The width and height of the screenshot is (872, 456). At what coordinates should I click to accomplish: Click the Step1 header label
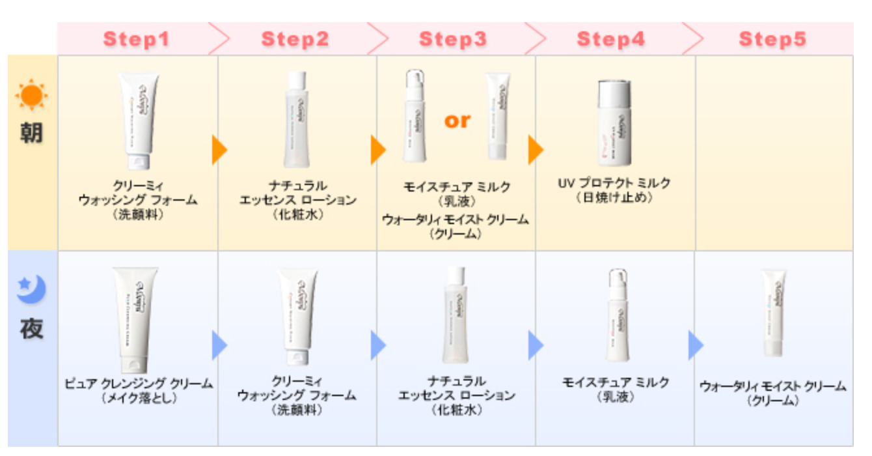coord(136,39)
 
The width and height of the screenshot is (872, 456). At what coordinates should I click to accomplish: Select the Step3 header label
coord(453,39)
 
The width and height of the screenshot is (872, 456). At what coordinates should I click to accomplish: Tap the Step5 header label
coord(772,39)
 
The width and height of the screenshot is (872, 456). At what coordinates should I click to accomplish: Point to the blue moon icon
coord(31,289)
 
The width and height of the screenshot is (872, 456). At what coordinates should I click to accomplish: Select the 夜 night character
coord(31,328)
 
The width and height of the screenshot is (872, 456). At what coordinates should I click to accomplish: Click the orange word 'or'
coord(457,121)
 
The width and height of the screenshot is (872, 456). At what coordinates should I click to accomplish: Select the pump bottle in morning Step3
coord(414,117)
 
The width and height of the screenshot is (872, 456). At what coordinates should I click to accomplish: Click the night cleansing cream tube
coord(135,319)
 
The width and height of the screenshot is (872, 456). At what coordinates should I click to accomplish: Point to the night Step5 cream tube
coord(774,313)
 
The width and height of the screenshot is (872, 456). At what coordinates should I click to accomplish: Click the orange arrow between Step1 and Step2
coord(219,150)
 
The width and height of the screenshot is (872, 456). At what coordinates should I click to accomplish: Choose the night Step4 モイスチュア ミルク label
coord(615,382)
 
